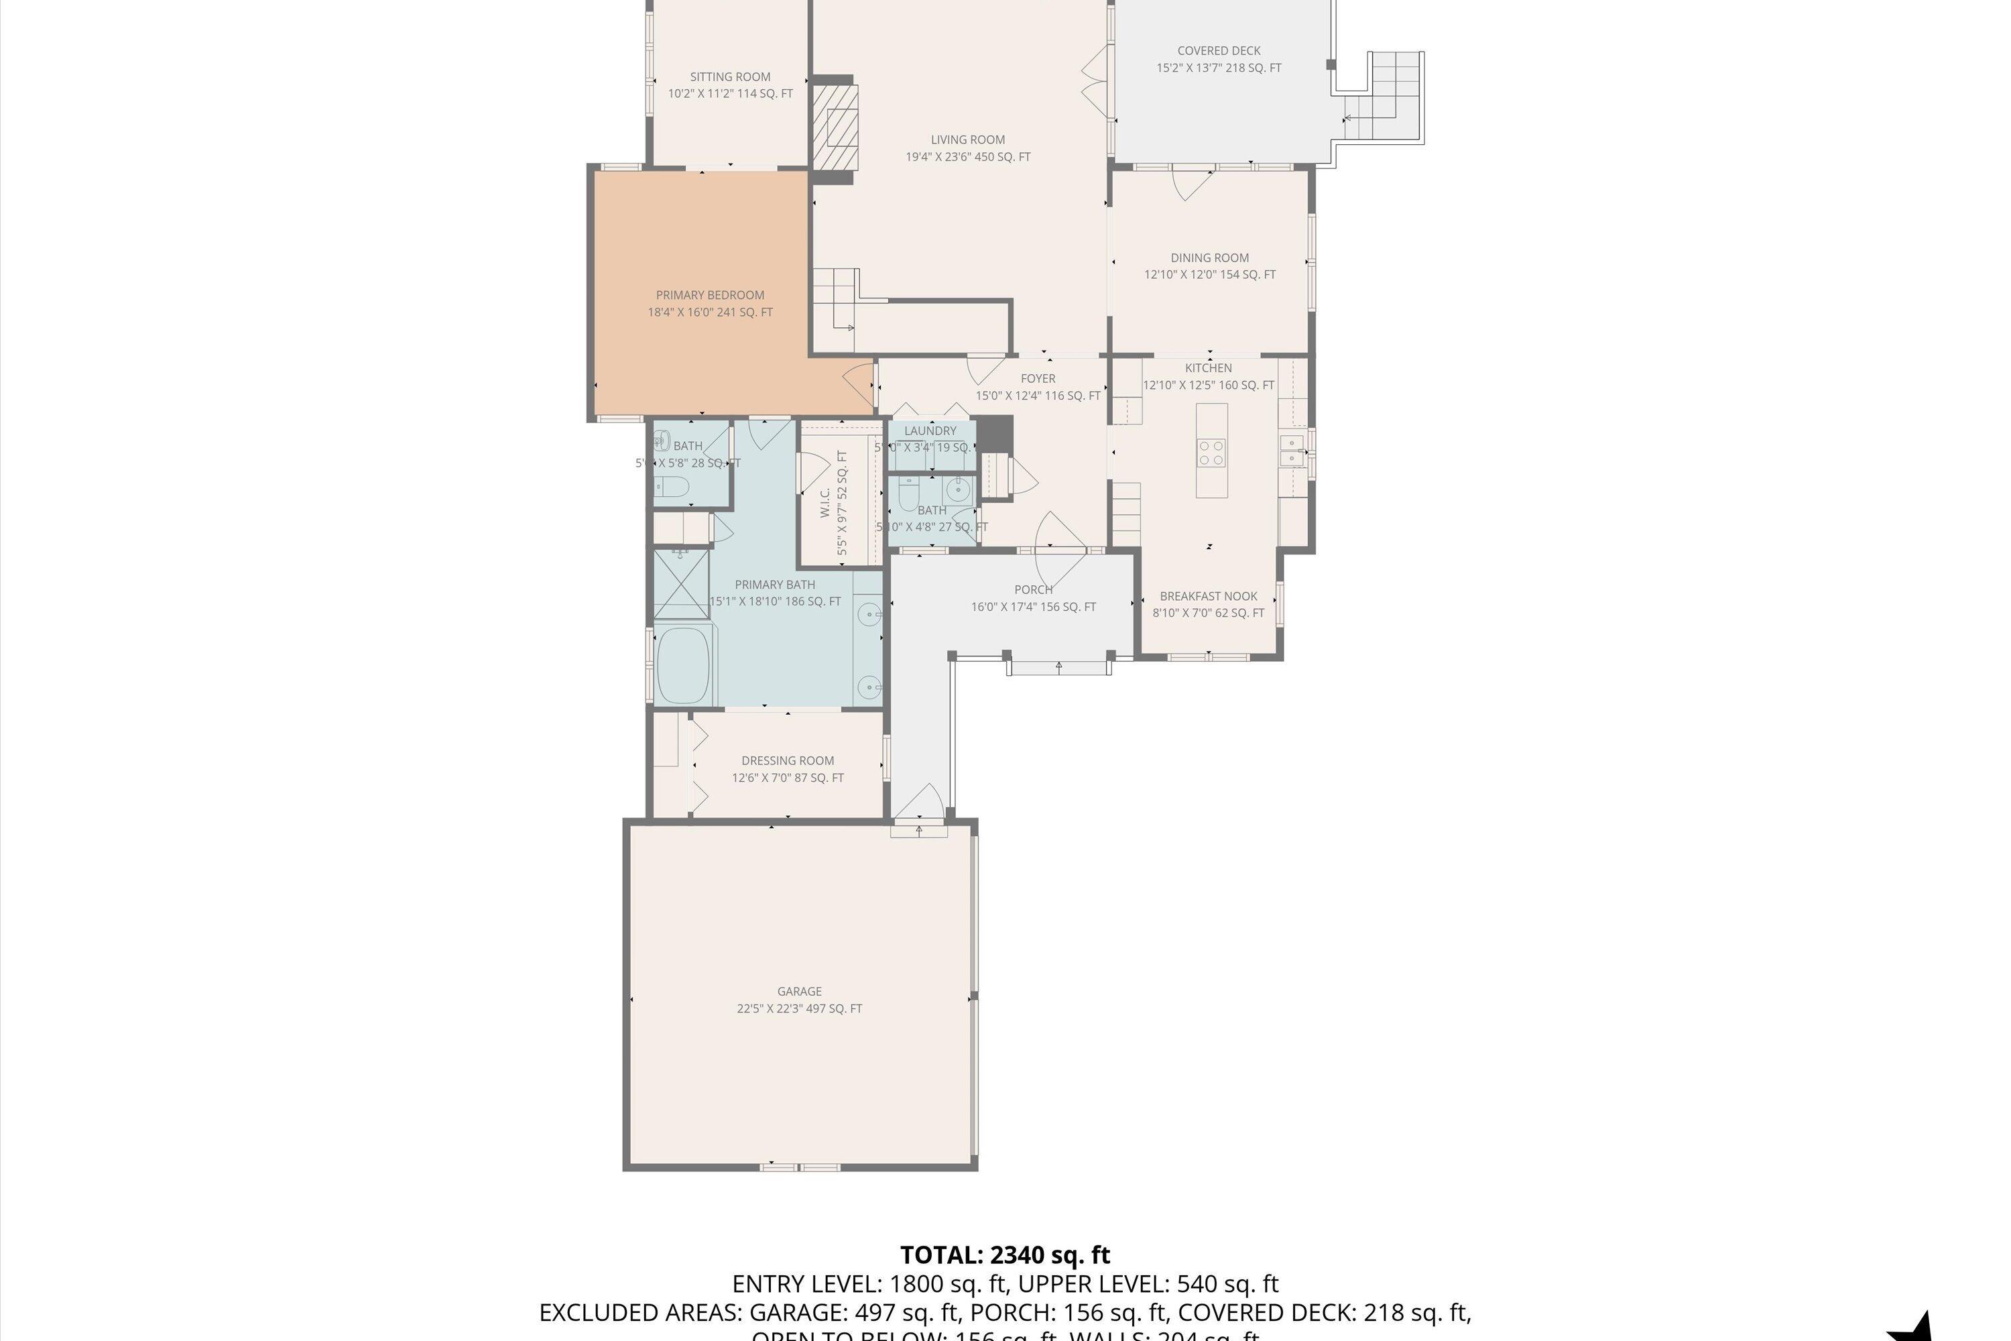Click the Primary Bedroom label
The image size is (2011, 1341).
pos(710,295)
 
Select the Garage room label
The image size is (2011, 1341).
pos(800,991)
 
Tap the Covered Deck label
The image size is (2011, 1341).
pos(1219,50)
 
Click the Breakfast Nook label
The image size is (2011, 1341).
pos(1208,596)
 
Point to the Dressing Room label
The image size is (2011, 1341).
pos(788,760)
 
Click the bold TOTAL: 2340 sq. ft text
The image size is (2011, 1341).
pos(1005,1255)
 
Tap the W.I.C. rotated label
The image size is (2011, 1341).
pos(825,503)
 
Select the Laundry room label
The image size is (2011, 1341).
pos(930,431)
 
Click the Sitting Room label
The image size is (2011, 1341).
pos(730,77)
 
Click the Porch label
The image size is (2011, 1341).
pos(1033,589)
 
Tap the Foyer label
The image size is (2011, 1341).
pos(1038,378)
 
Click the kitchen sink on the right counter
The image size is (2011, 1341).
pos(1292,450)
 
